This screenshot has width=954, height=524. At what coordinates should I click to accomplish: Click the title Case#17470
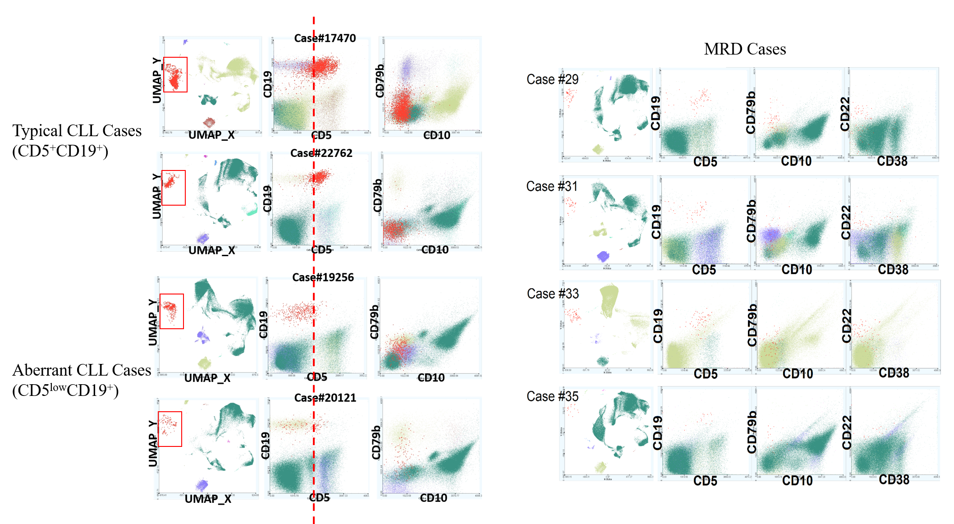[x=325, y=38]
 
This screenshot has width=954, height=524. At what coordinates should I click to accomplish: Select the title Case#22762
[x=321, y=153]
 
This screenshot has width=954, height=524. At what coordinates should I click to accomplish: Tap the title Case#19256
[x=323, y=277]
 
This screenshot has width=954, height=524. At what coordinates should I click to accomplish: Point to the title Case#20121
[x=325, y=398]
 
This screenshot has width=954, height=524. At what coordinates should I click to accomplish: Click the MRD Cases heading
[x=745, y=49]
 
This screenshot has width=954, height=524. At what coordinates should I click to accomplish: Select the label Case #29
[x=552, y=79]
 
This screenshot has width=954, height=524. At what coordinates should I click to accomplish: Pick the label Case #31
[x=552, y=186]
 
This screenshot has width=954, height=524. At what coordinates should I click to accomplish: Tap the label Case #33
[x=553, y=294]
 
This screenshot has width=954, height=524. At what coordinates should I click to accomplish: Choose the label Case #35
[x=552, y=396]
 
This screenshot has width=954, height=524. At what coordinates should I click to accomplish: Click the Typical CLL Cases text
[x=77, y=131]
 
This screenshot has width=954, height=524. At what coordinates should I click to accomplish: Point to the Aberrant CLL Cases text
[x=81, y=370]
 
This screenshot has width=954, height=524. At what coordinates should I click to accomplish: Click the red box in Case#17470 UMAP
[x=175, y=74]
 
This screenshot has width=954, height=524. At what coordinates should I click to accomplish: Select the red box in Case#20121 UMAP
[x=170, y=429]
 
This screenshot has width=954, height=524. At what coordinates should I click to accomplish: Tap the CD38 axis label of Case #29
[x=892, y=161]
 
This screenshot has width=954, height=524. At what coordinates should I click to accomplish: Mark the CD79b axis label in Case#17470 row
[x=380, y=81]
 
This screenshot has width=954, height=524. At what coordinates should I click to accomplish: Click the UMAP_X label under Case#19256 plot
[x=207, y=378]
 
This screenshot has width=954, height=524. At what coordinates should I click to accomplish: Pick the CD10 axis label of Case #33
[x=798, y=374]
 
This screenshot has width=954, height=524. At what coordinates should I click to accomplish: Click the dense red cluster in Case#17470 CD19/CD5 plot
[x=324, y=67]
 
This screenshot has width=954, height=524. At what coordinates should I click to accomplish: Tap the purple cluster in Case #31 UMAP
[x=603, y=256]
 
